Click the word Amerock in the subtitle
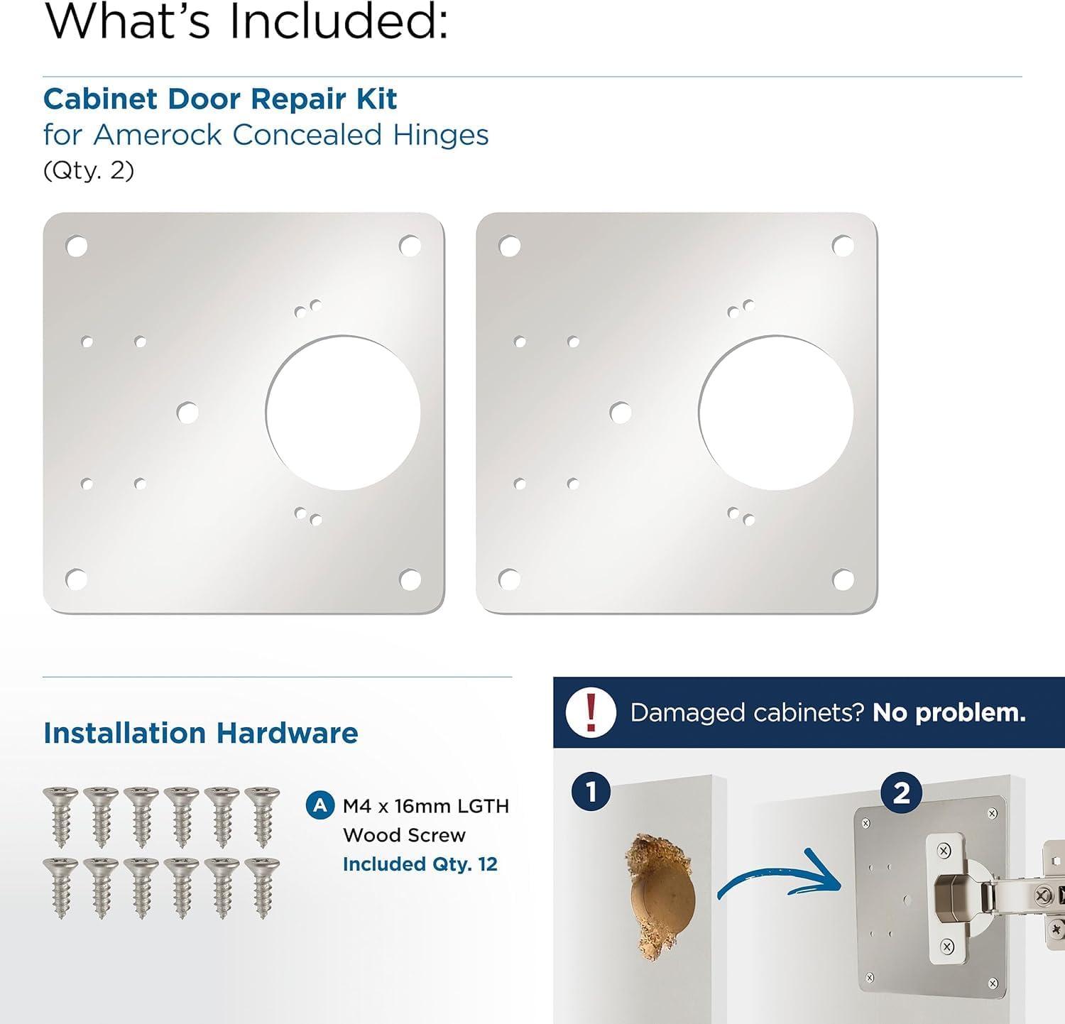(x=158, y=134)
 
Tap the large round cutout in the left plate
(x=343, y=413)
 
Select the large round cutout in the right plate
(x=776, y=413)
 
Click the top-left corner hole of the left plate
(x=77, y=246)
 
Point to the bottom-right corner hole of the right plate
(x=843, y=579)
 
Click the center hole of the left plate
(x=187, y=413)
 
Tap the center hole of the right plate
(x=621, y=413)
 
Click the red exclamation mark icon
(x=591, y=712)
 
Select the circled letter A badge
(x=320, y=806)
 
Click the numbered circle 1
(x=591, y=792)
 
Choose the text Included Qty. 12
(x=420, y=864)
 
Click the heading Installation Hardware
(x=201, y=733)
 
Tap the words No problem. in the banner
(x=949, y=712)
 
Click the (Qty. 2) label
(x=89, y=170)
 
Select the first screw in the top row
(x=60, y=817)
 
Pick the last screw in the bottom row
(x=262, y=888)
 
